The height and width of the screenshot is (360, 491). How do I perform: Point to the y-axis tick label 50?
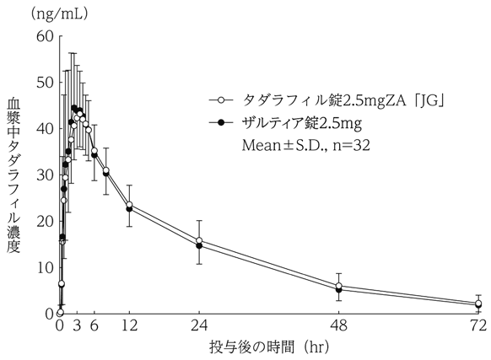(x=42, y=83)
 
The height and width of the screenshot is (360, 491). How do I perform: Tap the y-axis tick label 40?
(x=42, y=129)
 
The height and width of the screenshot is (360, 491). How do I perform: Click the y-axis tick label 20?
(x=42, y=222)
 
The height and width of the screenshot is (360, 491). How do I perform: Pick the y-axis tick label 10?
(x=42, y=267)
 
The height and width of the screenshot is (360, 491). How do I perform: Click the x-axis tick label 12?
(x=129, y=326)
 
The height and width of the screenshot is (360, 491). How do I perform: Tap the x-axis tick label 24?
(x=199, y=326)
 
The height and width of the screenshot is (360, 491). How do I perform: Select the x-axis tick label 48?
(x=338, y=326)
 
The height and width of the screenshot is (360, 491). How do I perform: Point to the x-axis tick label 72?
(x=478, y=326)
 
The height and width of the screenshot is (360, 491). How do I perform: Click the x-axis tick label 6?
(x=94, y=326)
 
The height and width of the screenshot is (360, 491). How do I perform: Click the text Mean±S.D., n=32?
(x=306, y=144)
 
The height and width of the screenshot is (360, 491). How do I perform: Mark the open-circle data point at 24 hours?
(x=199, y=241)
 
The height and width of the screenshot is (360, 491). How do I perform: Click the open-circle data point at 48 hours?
(x=338, y=286)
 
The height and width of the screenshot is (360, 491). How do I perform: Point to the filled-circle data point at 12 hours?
(x=129, y=208)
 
